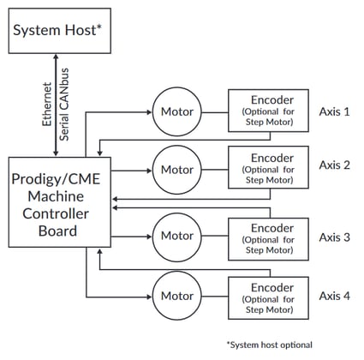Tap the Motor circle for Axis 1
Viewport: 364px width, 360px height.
click(x=177, y=111)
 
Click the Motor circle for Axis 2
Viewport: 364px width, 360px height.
click(x=177, y=170)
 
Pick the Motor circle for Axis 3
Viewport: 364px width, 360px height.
click(x=177, y=236)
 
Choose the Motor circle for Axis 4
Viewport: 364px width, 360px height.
click(x=177, y=296)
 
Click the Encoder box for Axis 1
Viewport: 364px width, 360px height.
click(x=266, y=111)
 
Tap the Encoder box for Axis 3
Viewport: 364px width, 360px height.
click(x=266, y=239)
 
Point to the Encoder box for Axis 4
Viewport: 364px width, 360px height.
click(x=266, y=297)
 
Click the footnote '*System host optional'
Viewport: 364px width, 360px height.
click(x=269, y=345)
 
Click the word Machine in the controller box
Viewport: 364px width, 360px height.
click(x=55, y=197)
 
